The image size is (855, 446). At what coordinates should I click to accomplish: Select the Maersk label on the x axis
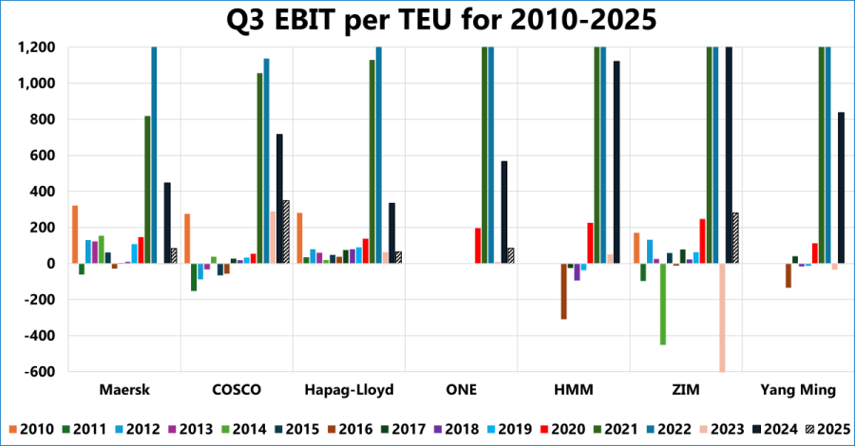[124, 390]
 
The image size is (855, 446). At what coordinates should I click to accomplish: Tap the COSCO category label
[237, 390]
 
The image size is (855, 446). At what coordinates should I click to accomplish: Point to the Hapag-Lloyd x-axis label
[349, 390]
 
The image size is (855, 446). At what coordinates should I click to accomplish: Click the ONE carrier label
[461, 390]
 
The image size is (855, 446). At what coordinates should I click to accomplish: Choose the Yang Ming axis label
[798, 390]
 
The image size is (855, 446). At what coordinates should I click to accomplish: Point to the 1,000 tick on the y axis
[36, 84]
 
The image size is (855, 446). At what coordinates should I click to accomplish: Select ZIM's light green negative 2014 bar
[663, 304]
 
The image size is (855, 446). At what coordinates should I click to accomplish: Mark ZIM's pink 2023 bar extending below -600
[722, 318]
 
